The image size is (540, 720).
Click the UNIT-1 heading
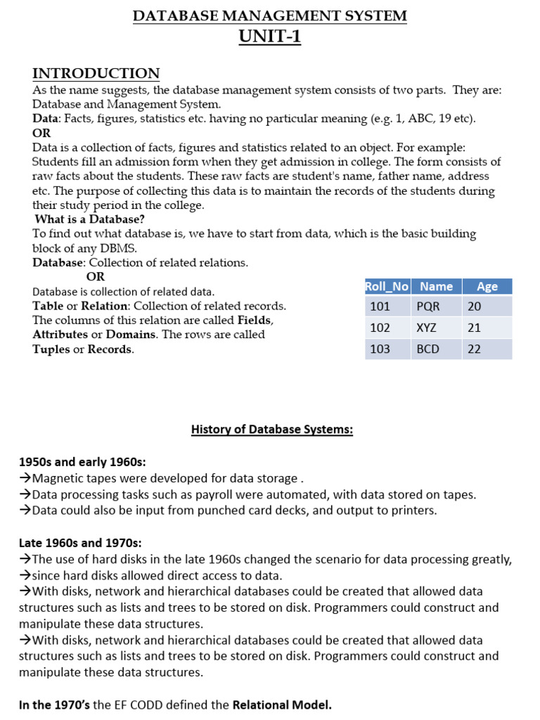(x=270, y=36)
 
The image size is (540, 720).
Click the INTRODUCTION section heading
(x=96, y=73)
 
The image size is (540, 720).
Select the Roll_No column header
(x=387, y=286)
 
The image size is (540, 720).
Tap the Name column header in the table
(x=436, y=286)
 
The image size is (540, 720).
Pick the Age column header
(x=487, y=286)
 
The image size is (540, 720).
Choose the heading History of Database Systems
(x=271, y=430)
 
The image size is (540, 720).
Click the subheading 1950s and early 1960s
(x=82, y=462)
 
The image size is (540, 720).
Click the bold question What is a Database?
(x=89, y=219)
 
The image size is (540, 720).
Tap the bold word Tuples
(x=51, y=349)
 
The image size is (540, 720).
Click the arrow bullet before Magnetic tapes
(x=25, y=479)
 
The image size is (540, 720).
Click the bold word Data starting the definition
(x=45, y=119)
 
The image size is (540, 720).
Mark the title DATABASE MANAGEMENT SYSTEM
(x=270, y=15)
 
